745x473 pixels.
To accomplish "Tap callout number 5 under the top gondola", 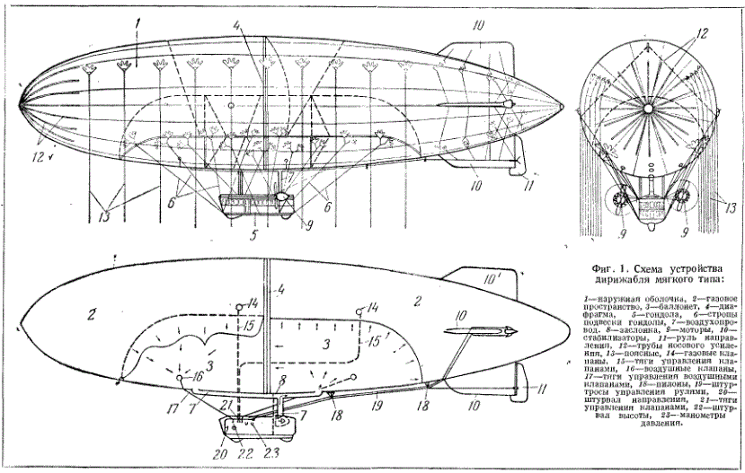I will (x=253, y=237).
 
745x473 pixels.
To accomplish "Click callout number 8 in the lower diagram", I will (x=281, y=381).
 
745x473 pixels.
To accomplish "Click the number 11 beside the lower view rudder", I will (x=540, y=390).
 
